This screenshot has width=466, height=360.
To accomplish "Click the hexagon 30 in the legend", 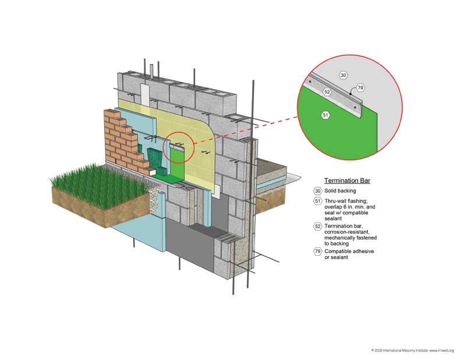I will tap(317, 190).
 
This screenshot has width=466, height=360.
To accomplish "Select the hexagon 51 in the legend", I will tap(317, 202).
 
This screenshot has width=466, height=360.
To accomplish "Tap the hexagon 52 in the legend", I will tap(317, 225).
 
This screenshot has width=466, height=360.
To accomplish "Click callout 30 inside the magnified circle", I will tap(343, 75).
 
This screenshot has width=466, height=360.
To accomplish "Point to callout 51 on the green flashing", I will tap(326, 115).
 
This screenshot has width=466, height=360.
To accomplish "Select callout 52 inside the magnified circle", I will tap(327, 91).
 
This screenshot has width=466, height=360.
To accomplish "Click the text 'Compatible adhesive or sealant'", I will tap(351, 253).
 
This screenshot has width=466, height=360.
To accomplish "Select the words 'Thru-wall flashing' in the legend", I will tap(350, 201).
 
